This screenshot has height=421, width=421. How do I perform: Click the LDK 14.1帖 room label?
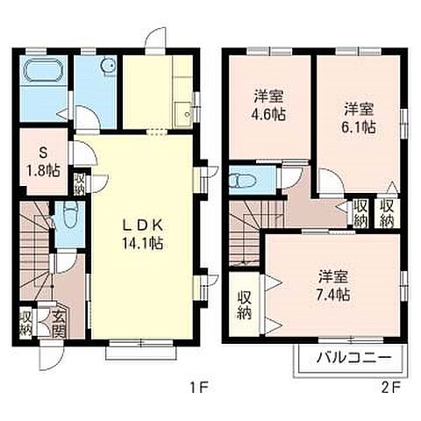tap(142, 234)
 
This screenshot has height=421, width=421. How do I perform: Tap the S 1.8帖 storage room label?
tap(43, 161)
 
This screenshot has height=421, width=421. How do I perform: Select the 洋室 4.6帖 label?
tap(268, 105)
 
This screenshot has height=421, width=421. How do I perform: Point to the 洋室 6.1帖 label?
tap(359, 118)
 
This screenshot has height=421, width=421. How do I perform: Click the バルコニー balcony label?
tap(353, 357)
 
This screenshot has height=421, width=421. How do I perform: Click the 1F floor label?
tap(199, 388)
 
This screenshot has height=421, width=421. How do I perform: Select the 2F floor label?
tap(390, 388)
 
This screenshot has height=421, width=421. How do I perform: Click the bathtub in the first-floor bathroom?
tap(43, 71)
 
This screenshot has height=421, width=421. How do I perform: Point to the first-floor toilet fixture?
tap(70, 216)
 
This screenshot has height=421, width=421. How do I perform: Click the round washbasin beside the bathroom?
tap(108, 66)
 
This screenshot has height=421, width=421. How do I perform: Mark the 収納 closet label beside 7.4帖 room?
tap(245, 306)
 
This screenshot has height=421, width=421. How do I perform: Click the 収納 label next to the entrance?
tap(26, 323)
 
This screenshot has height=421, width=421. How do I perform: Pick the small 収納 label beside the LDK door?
tap(79, 184)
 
